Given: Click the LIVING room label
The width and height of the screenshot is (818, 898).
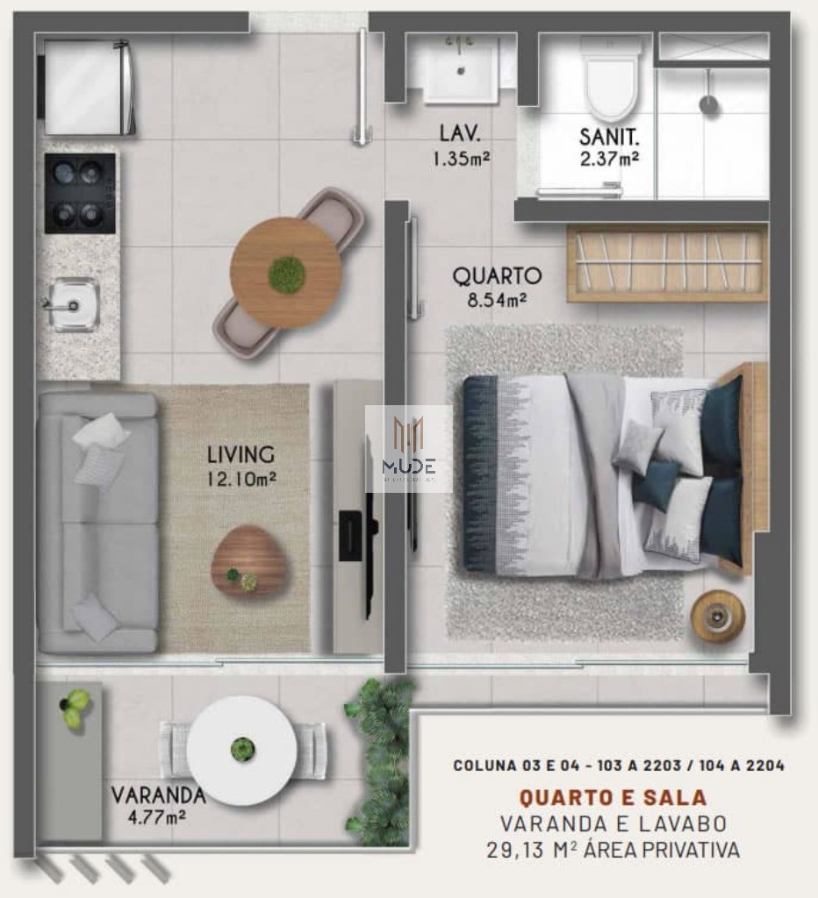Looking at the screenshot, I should [x=240, y=455].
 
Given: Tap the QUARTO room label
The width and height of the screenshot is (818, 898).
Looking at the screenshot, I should [x=497, y=276].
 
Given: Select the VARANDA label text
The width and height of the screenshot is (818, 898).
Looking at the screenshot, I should [x=158, y=795].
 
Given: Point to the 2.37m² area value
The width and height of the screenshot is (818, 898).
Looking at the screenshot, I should [x=608, y=160].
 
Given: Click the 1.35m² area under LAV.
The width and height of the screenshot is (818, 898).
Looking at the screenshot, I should [x=460, y=159].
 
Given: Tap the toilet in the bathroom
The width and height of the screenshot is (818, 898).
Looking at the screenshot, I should [x=612, y=83].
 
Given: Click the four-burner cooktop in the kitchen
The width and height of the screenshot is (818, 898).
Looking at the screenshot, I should [x=80, y=193].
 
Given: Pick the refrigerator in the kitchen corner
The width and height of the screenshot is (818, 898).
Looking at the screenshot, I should [x=87, y=87].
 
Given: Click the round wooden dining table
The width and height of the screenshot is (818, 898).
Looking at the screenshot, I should [x=286, y=273].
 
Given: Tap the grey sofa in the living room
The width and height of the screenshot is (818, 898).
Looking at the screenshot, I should [x=97, y=523].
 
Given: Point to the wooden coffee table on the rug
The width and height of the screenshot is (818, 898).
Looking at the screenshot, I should [x=249, y=561].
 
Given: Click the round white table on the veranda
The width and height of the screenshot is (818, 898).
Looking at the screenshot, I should [x=242, y=750].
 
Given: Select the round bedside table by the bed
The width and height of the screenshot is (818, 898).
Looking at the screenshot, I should [x=718, y=616].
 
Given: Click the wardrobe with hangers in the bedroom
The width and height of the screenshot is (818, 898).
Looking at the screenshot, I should [x=666, y=263].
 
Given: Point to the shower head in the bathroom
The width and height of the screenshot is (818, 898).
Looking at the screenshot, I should [x=708, y=104].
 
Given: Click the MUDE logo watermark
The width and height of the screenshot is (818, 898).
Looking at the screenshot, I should [x=408, y=448].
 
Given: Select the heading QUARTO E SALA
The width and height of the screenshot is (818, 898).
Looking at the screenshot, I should [x=613, y=798].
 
